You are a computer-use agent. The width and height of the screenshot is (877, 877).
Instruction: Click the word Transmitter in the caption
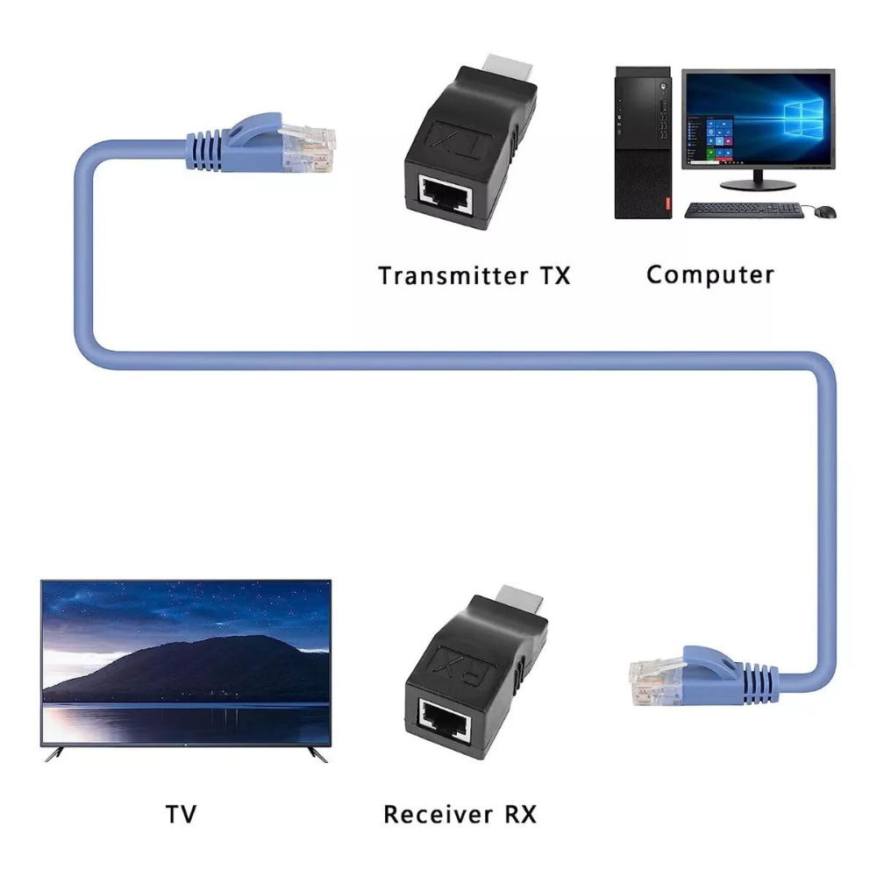click(x=453, y=275)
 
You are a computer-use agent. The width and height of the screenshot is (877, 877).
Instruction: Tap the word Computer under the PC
click(x=710, y=275)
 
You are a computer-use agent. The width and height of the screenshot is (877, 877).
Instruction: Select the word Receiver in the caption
click(x=438, y=815)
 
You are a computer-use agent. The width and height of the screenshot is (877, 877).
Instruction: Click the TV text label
click(x=182, y=815)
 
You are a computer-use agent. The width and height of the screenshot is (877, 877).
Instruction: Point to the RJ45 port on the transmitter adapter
click(x=446, y=193)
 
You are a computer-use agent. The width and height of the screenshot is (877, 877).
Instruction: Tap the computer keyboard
click(x=744, y=210)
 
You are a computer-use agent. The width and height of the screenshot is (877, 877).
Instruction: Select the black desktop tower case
click(x=643, y=143)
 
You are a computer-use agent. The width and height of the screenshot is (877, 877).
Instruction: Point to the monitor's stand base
click(x=758, y=185)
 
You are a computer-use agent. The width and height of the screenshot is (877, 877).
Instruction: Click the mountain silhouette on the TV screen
click(x=184, y=671)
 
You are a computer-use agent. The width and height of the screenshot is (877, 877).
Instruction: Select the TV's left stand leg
click(x=54, y=754)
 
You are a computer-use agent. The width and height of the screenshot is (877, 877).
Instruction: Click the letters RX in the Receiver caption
click(x=521, y=815)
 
